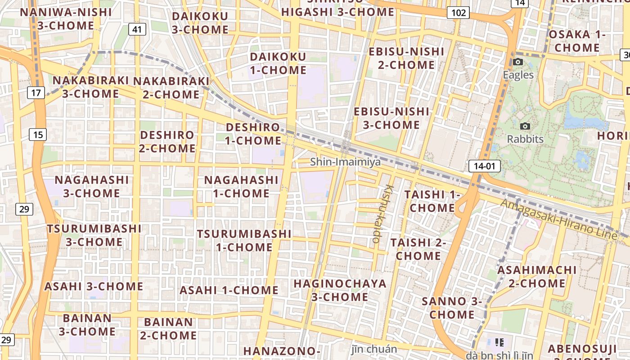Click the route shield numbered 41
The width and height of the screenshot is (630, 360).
pyautogui.click(x=137, y=30)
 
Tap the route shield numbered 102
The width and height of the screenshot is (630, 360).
pyautogui.click(x=458, y=13)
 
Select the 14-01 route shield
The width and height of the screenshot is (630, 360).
pyautogui.click(x=484, y=166)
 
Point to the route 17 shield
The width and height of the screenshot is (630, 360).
pyautogui.click(x=36, y=93)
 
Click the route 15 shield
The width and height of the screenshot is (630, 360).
pyautogui.click(x=38, y=134)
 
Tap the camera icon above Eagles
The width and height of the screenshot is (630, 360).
pyautogui.click(x=518, y=62)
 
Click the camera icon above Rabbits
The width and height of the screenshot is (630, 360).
pyautogui.click(x=525, y=126)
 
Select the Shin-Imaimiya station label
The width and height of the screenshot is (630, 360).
pyautogui.click(x=345, y=162)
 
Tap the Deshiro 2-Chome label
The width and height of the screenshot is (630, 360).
pyautogui.click(x=167, y=141)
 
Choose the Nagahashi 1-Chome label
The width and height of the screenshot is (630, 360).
pyautogui.click(x=241, y=186)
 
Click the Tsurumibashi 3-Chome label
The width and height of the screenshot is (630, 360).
pyautogui.click(x=94, y=235)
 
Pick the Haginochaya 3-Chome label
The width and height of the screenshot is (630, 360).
pyautogui.click(x=340, y=290)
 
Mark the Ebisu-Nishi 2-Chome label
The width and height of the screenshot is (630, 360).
pyautogui.click(x=406, y=58)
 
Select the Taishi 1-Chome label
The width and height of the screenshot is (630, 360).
pyautogui.click(x=432, y=201)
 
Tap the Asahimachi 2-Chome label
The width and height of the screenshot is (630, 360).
pyautogui.click(x=536, y=277)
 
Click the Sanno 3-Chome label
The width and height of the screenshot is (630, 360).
pyautogui.click(x=452, y=308)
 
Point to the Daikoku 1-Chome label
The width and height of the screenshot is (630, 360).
pyautogui.click(x=278, y=63)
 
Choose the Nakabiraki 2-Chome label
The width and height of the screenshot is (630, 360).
pyautogui.click(x=171, y=88)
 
